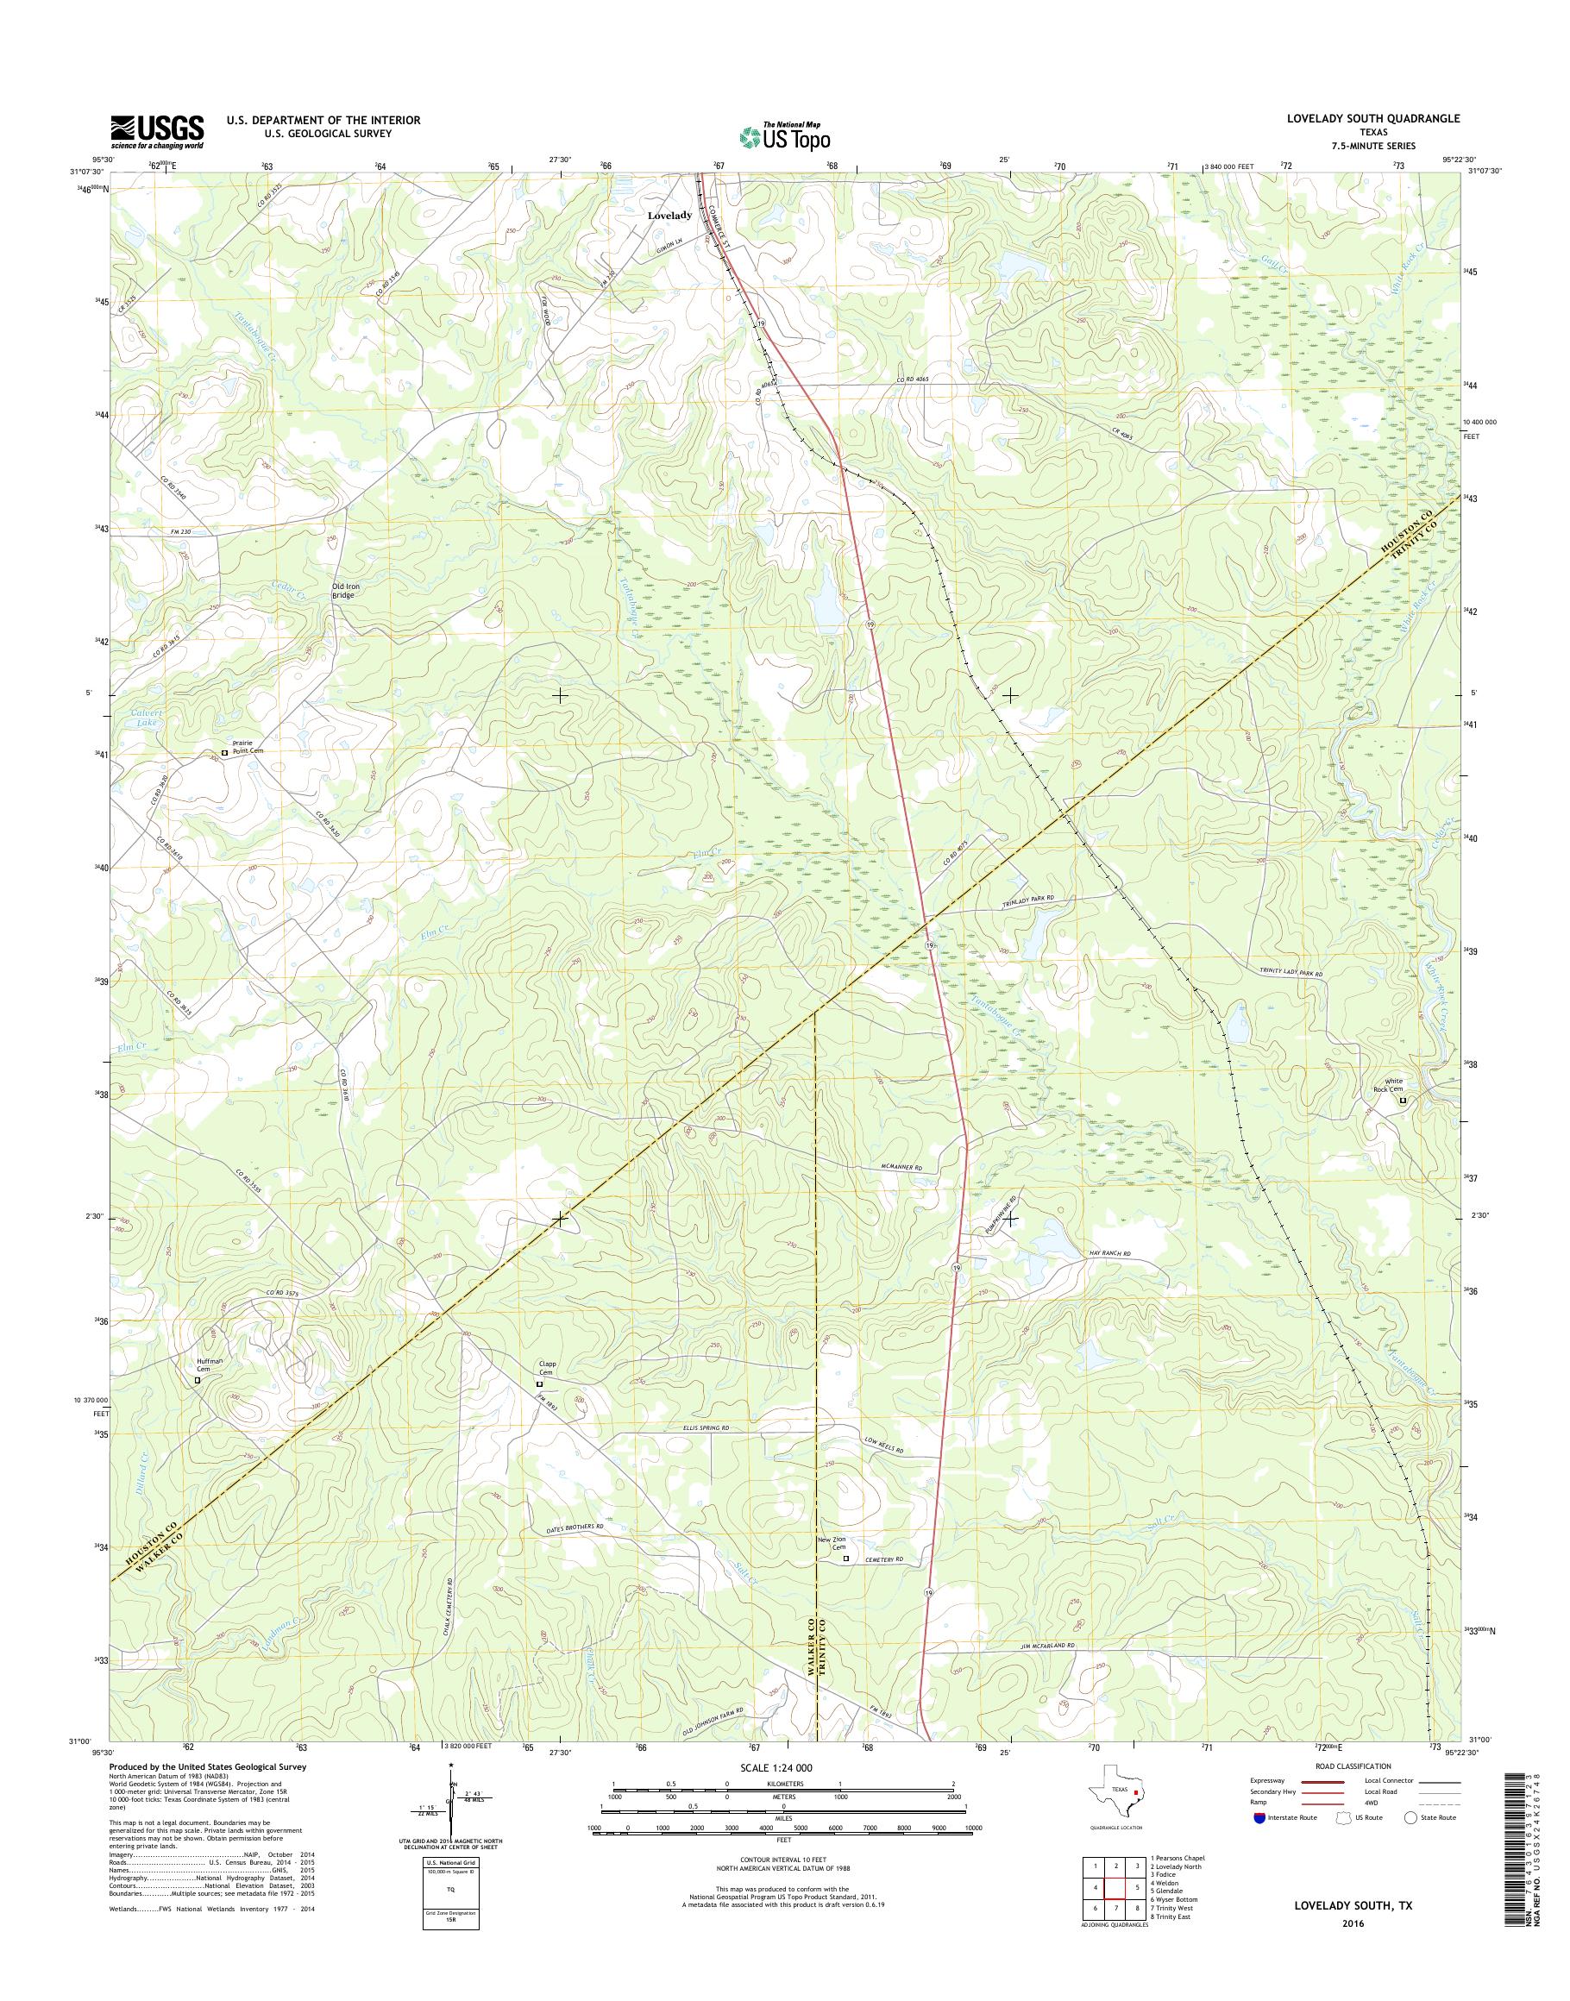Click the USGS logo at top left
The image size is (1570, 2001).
click(x=157, y=131)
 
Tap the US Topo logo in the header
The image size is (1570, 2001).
click(x=784, y=136)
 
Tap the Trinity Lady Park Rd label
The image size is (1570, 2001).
click(x=1291, y=972)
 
